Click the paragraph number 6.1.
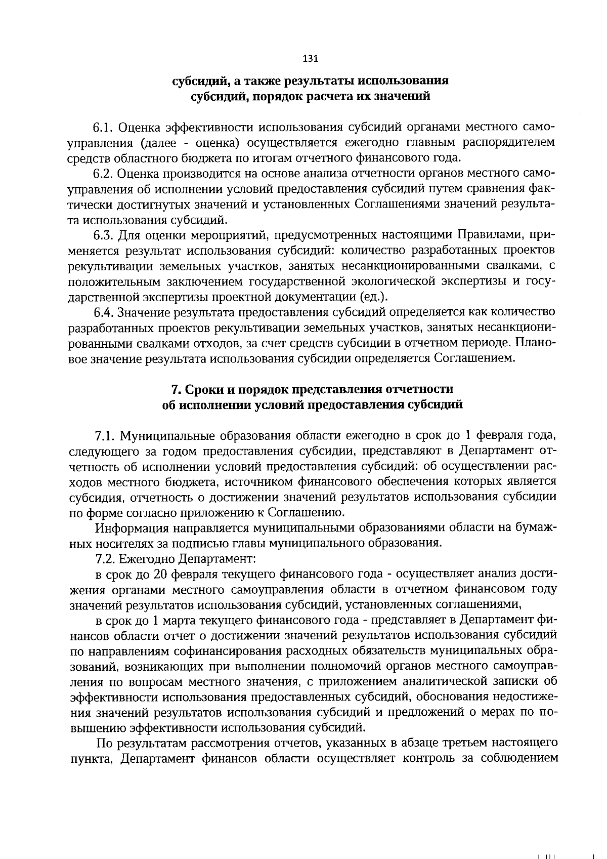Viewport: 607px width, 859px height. point(104,125)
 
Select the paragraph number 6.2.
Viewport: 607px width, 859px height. point(105,174)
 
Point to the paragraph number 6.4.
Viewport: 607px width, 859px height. point(105,311)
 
